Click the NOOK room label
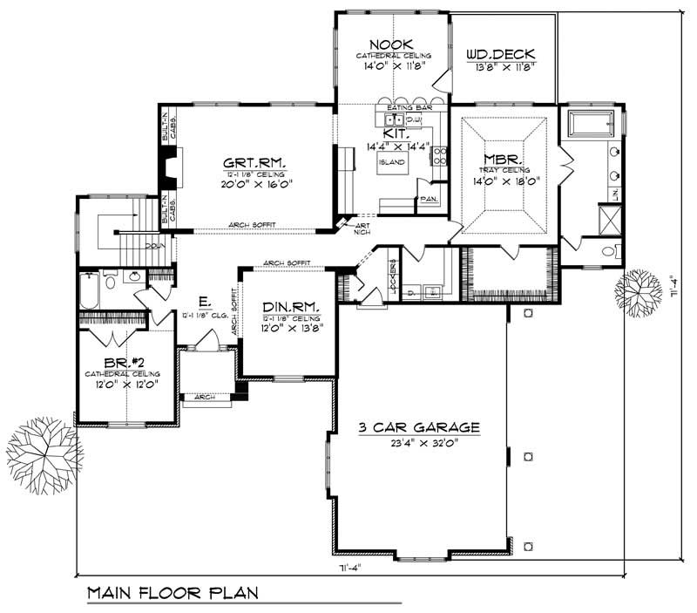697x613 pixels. (x=390, y=44)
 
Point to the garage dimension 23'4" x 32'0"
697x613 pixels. (x=420, y=442)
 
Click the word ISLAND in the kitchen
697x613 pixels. (x=389, y=162)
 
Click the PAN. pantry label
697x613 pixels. (x=428, y=200)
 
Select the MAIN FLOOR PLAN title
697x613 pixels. (x=173, y=593)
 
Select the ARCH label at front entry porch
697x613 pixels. (x=205, y=397)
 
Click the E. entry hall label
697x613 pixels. (x=203, y=303)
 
